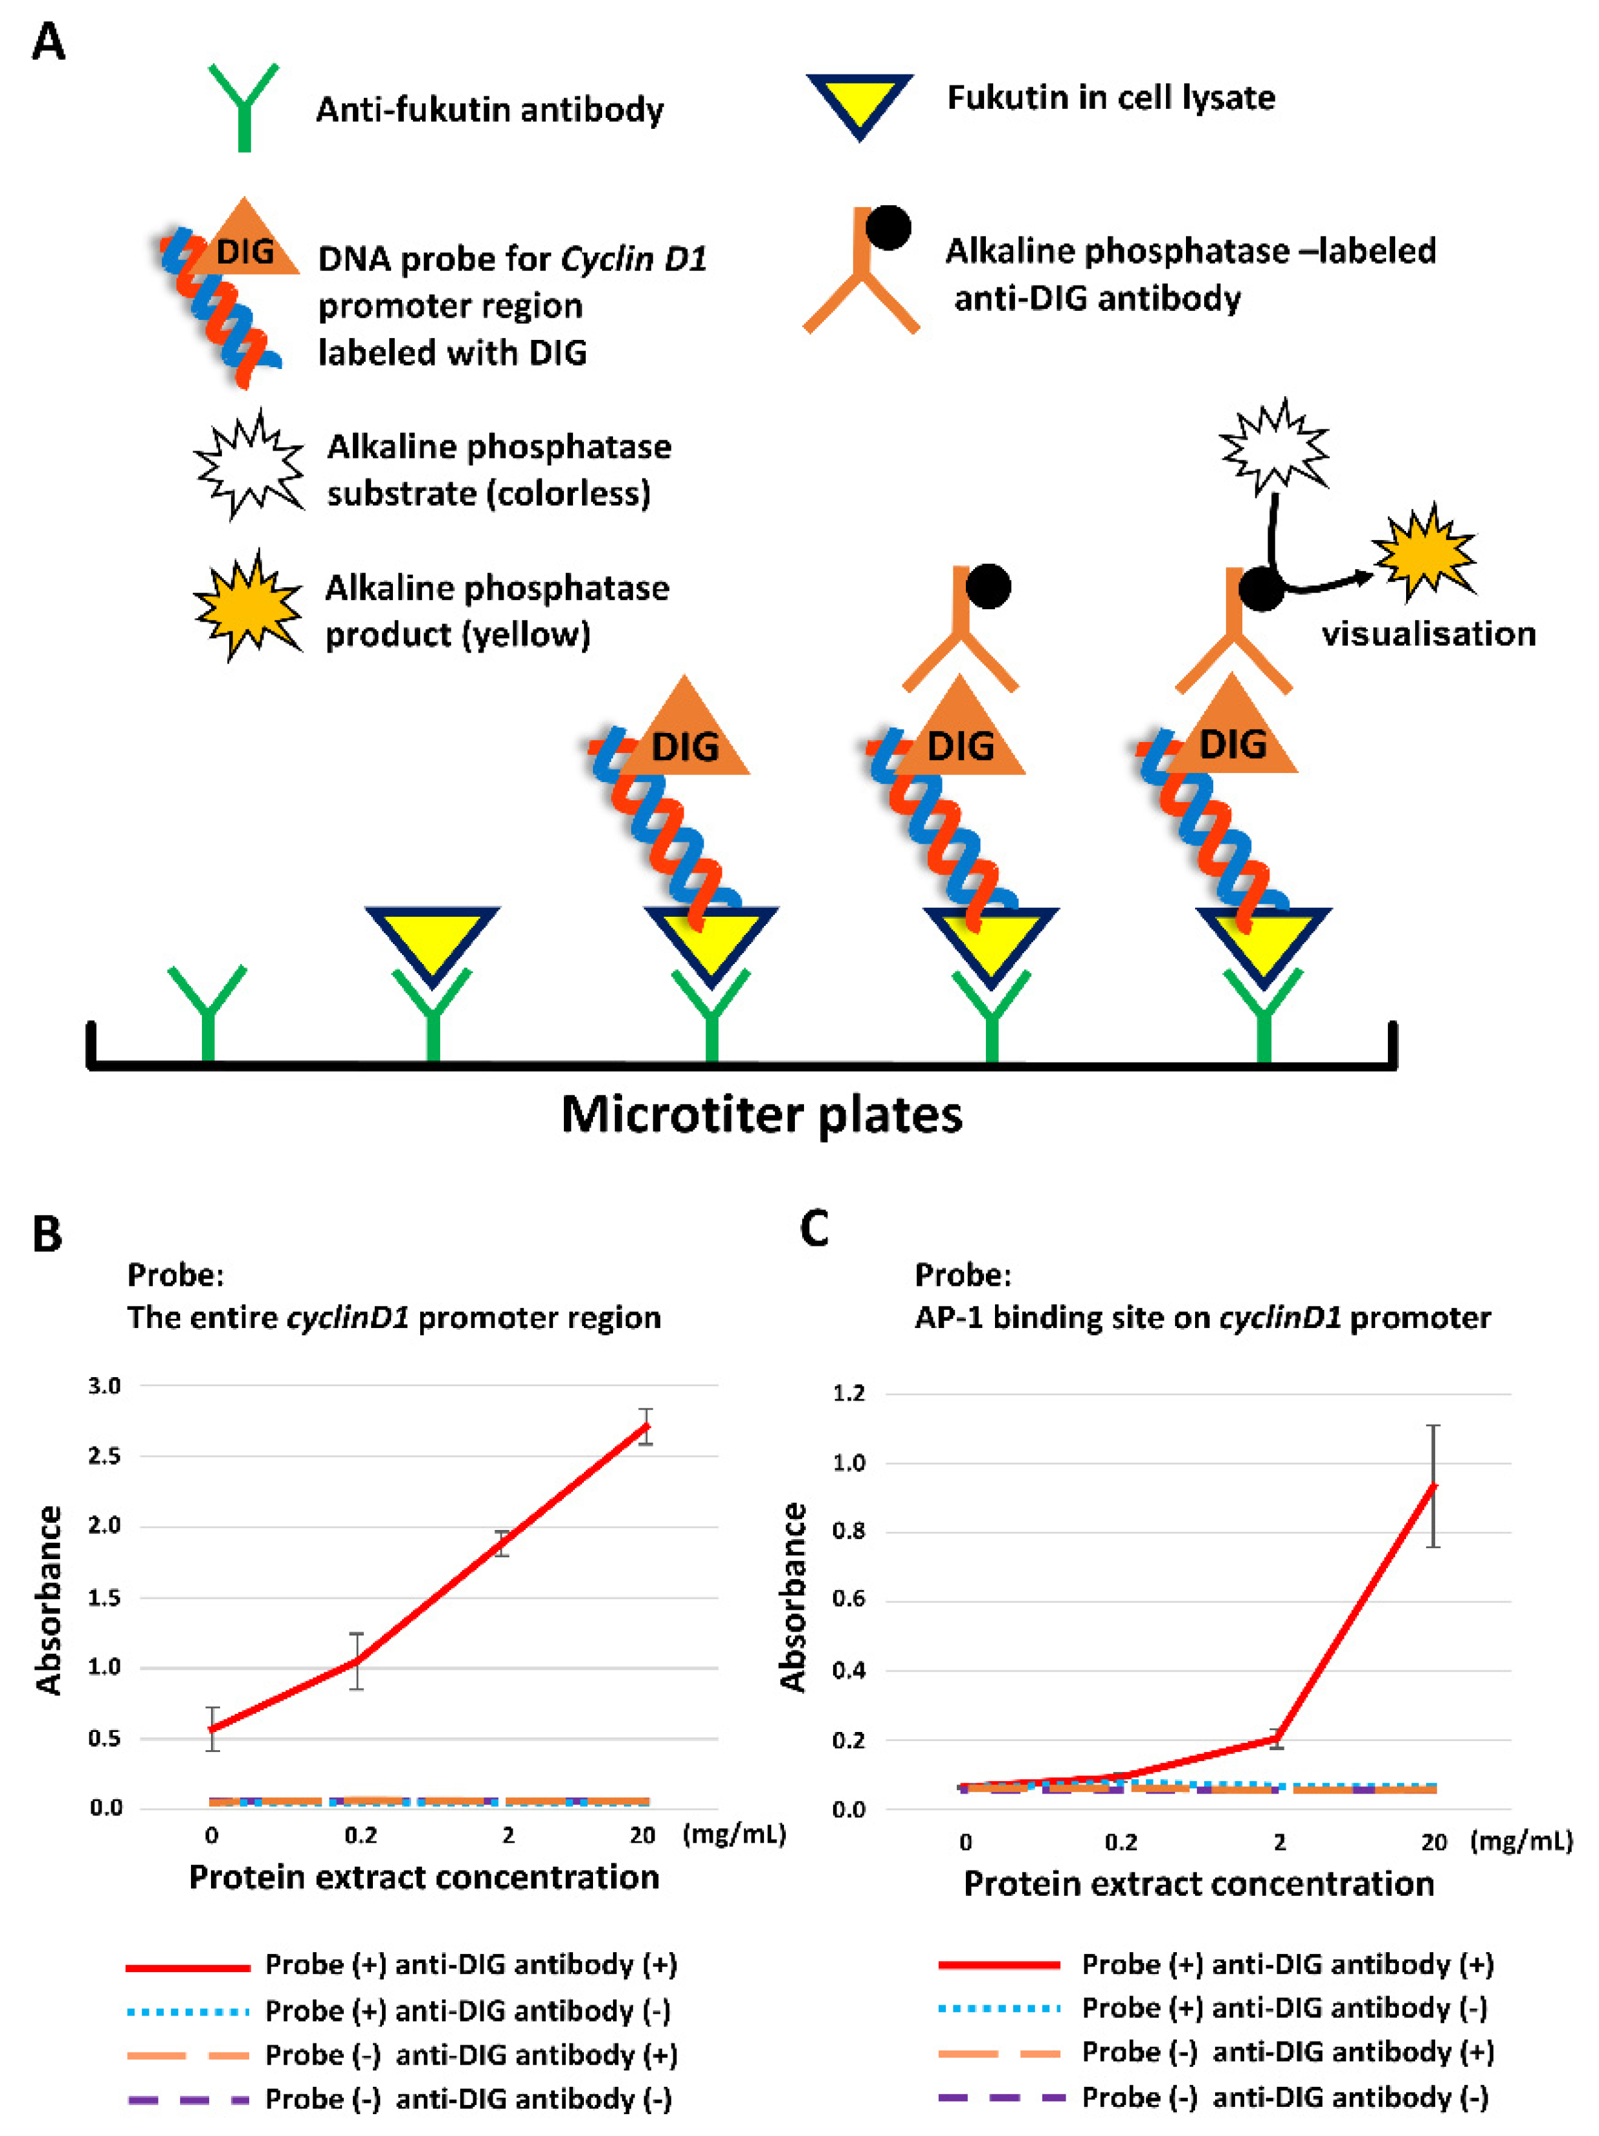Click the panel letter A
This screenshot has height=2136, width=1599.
(x=49, y=43)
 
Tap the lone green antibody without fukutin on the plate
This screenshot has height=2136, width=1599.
(x=208, y=1009)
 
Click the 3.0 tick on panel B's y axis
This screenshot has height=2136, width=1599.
(x=104, y=1386)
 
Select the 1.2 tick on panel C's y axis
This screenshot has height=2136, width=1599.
(x=848, y=1393)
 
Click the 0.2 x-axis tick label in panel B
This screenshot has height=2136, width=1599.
(x=360, y=1835)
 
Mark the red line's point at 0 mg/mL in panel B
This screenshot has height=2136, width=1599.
(x=212, y=1729)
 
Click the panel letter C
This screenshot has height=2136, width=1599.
(x=813, y=1230)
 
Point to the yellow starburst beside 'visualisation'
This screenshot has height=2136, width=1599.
(x=1424, y=552)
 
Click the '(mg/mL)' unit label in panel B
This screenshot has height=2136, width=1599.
(x=734, y=1833)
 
